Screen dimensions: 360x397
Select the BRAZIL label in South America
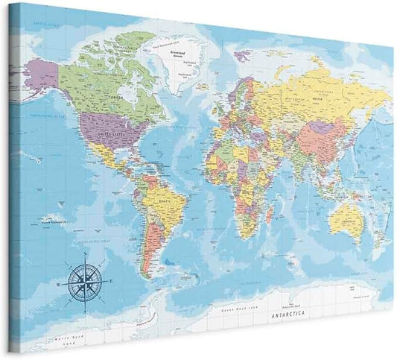158,200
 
